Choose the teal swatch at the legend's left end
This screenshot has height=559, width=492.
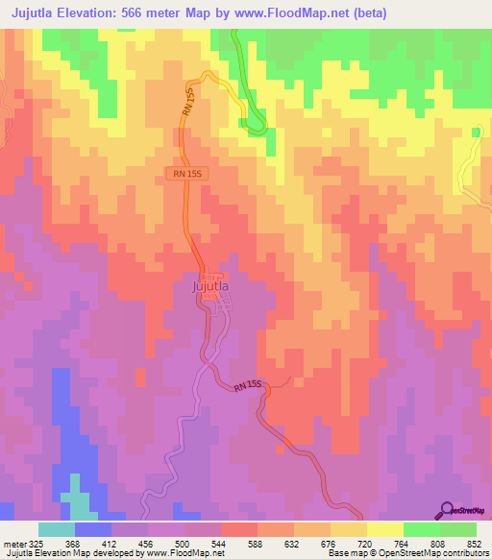click(x=57, y=529)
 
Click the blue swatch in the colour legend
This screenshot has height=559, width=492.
click(x=93, y=529)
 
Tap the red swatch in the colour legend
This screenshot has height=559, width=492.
click(x=239, y=529)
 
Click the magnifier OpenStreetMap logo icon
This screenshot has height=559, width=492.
click(x=447, y=510)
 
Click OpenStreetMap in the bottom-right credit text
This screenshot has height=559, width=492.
click(x=422, y=553)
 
